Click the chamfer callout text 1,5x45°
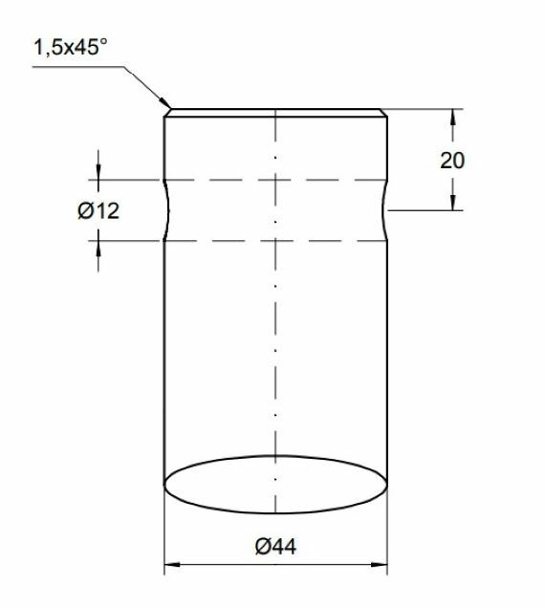pyautogui.click(x=72, y=49)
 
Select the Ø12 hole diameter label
pyautogui.click(x=98, y=211)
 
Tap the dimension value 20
pyautogui.click(x=452, y=160)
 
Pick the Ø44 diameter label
pyautogui.click(x=275, y=547)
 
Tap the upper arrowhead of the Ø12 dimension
pyautogui.click(x=98, y=173)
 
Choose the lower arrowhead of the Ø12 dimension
pyautogui.click(x=98, y=247)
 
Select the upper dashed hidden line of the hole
pyautogui.click(x=275, y=180)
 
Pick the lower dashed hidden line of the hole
pyautogui.click(x=275, y=240)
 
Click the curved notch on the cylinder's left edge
pyautogui.click(x=169, y=210)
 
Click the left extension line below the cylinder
pyautogui.click(x=165, y=535)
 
